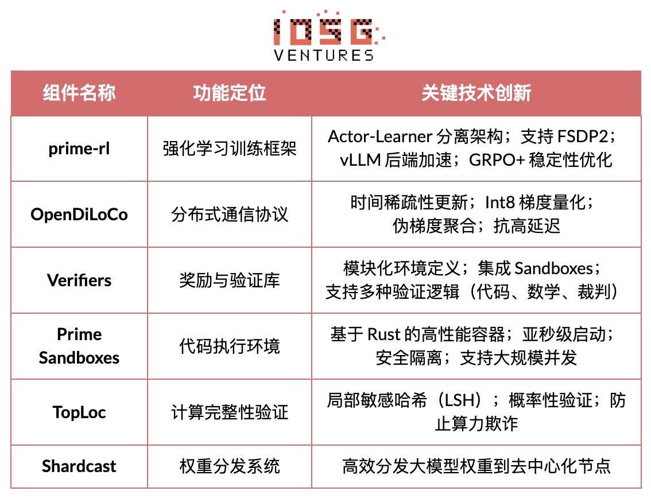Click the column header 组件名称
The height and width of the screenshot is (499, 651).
coord(79,93)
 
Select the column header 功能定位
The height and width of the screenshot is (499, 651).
coord(230,93)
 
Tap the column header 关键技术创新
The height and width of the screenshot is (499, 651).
coord(476,93)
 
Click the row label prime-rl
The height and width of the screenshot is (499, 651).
coord(79,149)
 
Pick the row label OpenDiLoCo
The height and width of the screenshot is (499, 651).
coord(79,215)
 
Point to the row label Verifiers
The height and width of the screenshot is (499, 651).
coord(79,280)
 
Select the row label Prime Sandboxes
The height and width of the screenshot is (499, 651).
coord(79,346)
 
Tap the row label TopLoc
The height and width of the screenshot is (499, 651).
coord(79,412)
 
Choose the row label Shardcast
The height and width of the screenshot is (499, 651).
coord(79,466)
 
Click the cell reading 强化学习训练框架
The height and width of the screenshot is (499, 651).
coord(230,149)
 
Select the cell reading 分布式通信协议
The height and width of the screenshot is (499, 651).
coord(230,215)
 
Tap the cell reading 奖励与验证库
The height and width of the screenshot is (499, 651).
coord(230,280)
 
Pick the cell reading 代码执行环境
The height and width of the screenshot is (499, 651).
coord(230,346)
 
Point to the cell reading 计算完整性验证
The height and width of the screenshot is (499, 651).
coord(230,412)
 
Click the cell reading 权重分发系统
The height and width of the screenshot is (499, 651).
coord(230,466)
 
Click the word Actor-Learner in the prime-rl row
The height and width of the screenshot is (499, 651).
coord(380,137)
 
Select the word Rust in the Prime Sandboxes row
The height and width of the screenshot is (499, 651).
coord(383,334)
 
